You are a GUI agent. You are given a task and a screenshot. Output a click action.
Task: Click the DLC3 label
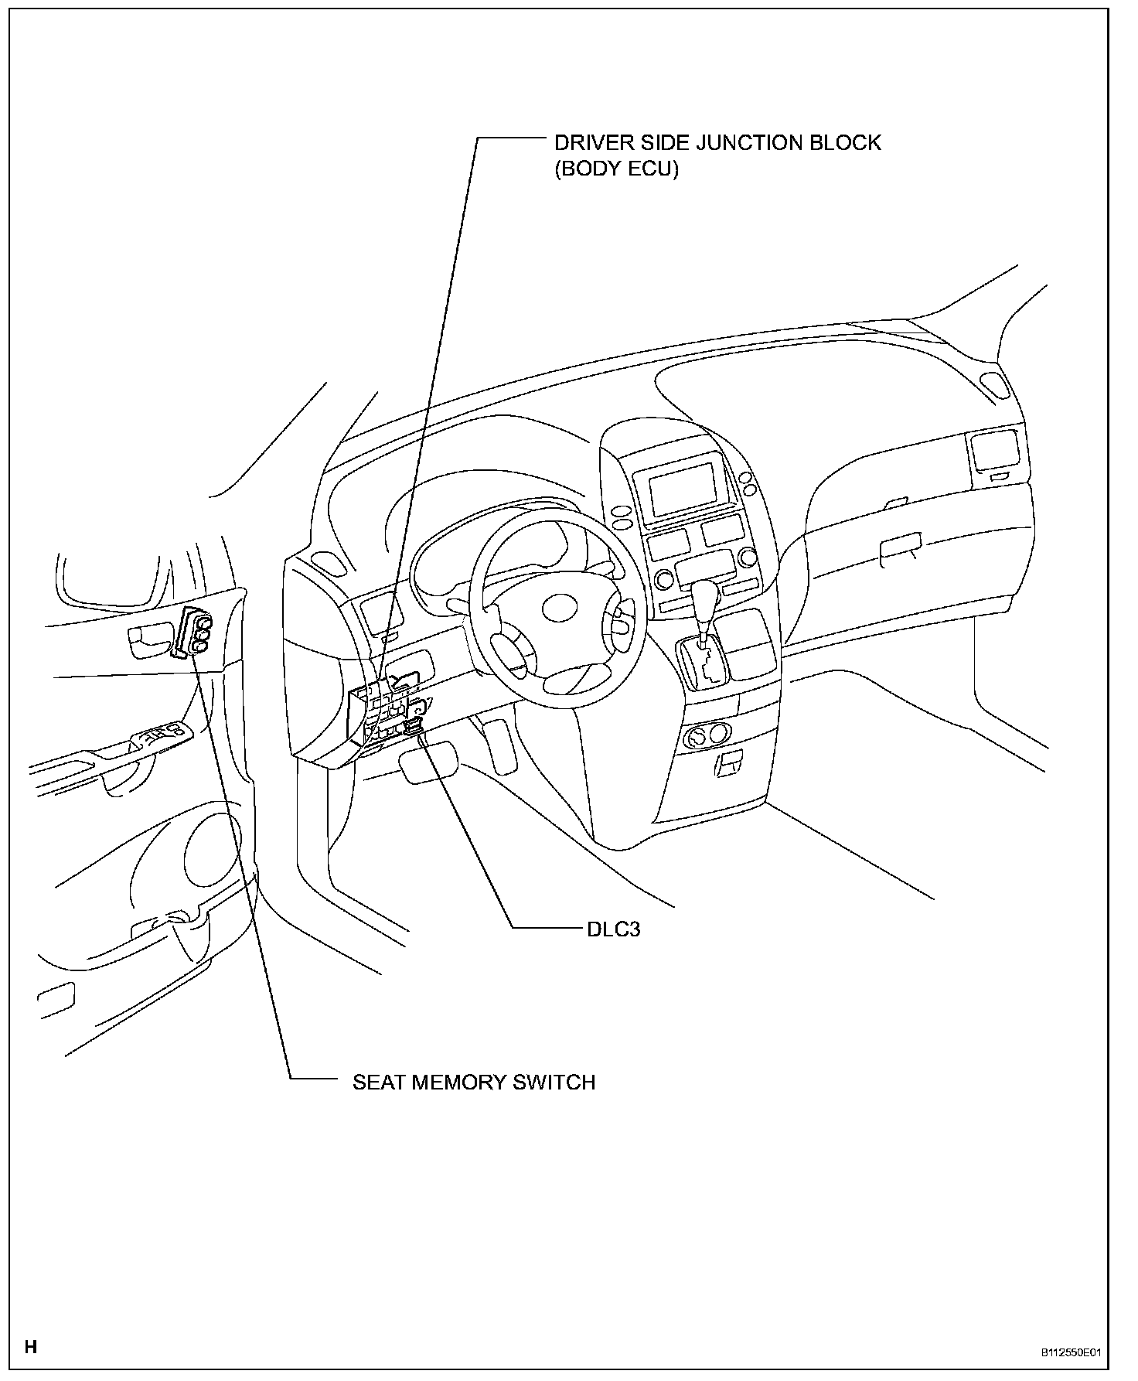coord(613,929)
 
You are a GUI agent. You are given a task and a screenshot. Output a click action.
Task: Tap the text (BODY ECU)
coord(616,169)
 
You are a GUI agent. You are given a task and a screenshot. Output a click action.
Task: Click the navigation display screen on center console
coord(682,489)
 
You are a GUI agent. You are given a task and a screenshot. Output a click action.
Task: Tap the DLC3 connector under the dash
coord(412,725)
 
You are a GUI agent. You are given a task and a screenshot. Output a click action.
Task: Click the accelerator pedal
coord(499,742)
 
